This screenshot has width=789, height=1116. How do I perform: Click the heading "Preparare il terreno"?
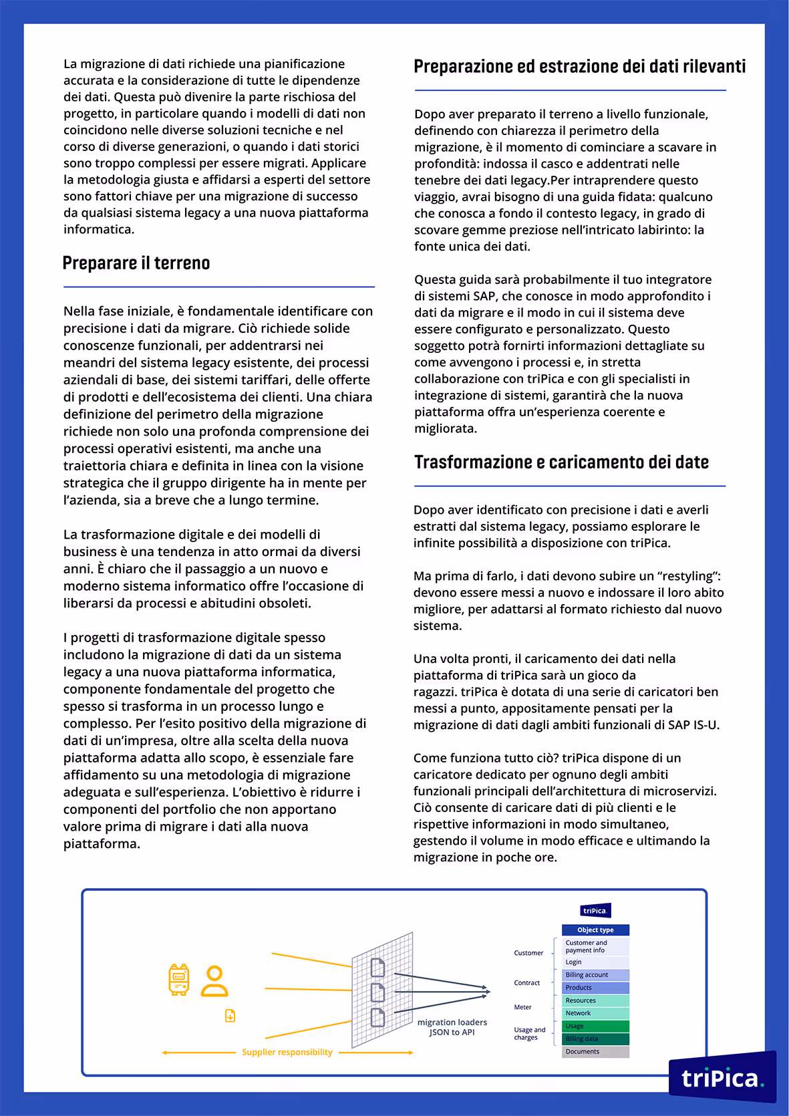tap(136, 263)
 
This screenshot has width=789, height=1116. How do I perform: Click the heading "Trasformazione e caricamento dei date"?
tap(561, 462)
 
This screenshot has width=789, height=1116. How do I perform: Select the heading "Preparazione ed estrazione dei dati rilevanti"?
tap(579, 67)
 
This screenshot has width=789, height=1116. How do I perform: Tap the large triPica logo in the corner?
tap(722, 1077)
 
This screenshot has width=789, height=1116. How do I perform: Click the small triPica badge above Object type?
tap(595, 910)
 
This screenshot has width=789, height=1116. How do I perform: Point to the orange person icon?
tap(214, 981)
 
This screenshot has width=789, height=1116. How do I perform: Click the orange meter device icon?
tap(179, 980)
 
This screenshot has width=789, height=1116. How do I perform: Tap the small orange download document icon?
tap(230, 1016)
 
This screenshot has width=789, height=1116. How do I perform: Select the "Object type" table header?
tap(595, 930)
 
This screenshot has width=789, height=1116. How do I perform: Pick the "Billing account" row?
tap(595, 975)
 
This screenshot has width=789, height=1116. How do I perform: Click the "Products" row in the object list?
tap(595, 988)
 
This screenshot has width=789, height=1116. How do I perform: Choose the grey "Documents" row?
tap(595, 1051)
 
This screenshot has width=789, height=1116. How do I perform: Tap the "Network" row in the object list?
tap(595, 1013)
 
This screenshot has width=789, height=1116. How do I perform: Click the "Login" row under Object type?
tap(595, 962)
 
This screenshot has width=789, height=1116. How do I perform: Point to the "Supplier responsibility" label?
tap(287, 1052)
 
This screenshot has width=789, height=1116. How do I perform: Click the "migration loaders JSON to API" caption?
tap(452, 1027)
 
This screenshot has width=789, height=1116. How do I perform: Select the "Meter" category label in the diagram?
tap(523, 1007)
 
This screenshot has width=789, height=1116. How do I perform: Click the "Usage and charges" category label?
tap(530, 1033)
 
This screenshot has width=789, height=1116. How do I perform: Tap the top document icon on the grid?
tap(378, 967)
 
